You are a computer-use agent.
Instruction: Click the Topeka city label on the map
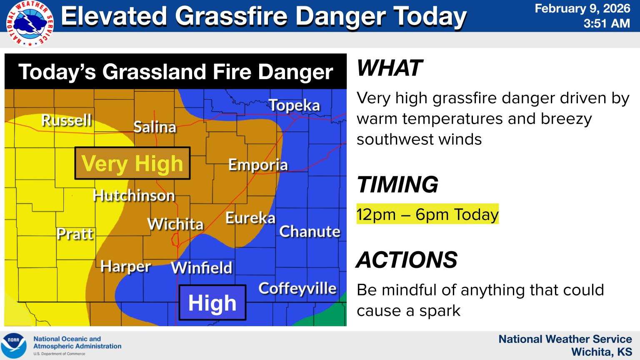tap(294, 105)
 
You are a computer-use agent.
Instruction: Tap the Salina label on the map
tap(155, 127)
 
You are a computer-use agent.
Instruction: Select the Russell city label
tap(67, 120)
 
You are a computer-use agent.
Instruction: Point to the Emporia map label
tap(258, 165)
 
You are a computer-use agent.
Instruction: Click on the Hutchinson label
tap(134, 195)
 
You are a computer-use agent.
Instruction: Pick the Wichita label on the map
tap(175, 224)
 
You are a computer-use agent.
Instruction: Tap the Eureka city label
tap(250, 218)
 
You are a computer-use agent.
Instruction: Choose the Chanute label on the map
tap(310, 231)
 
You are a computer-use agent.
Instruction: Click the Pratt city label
tap(75, 234)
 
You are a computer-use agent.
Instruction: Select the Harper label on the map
tap(125, 266)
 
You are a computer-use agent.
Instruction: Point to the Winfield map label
tap(202, 267)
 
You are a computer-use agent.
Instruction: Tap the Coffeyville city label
tap(297, 288)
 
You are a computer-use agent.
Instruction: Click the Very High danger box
tap(132, 163)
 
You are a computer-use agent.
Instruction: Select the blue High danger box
tap(212, 302)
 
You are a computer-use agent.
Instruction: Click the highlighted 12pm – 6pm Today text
tap(427, 214)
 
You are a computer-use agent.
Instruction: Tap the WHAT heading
tap(390, 68)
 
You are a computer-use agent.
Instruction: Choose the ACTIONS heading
tap(407, 260)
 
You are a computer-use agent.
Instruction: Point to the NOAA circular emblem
tap(14, 345)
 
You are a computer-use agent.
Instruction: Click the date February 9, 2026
tap(582, 8)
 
